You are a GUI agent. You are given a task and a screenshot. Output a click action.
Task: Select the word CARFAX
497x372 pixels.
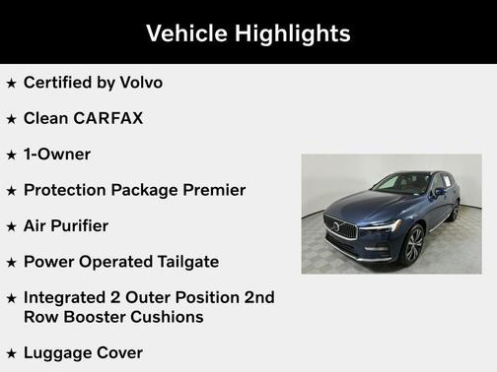107,118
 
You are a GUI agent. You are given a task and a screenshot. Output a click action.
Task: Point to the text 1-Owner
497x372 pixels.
57,155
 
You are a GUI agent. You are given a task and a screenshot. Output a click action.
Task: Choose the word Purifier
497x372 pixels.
80,225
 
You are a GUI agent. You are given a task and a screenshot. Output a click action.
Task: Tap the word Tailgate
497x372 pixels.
182,262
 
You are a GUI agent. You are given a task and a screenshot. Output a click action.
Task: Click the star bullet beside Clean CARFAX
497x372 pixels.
11,119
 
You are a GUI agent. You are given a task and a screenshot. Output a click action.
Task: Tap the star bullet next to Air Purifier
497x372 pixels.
11,226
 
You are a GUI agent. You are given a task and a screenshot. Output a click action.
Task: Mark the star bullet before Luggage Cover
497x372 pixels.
11,353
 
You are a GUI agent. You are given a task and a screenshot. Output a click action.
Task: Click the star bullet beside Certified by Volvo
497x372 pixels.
11,84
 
